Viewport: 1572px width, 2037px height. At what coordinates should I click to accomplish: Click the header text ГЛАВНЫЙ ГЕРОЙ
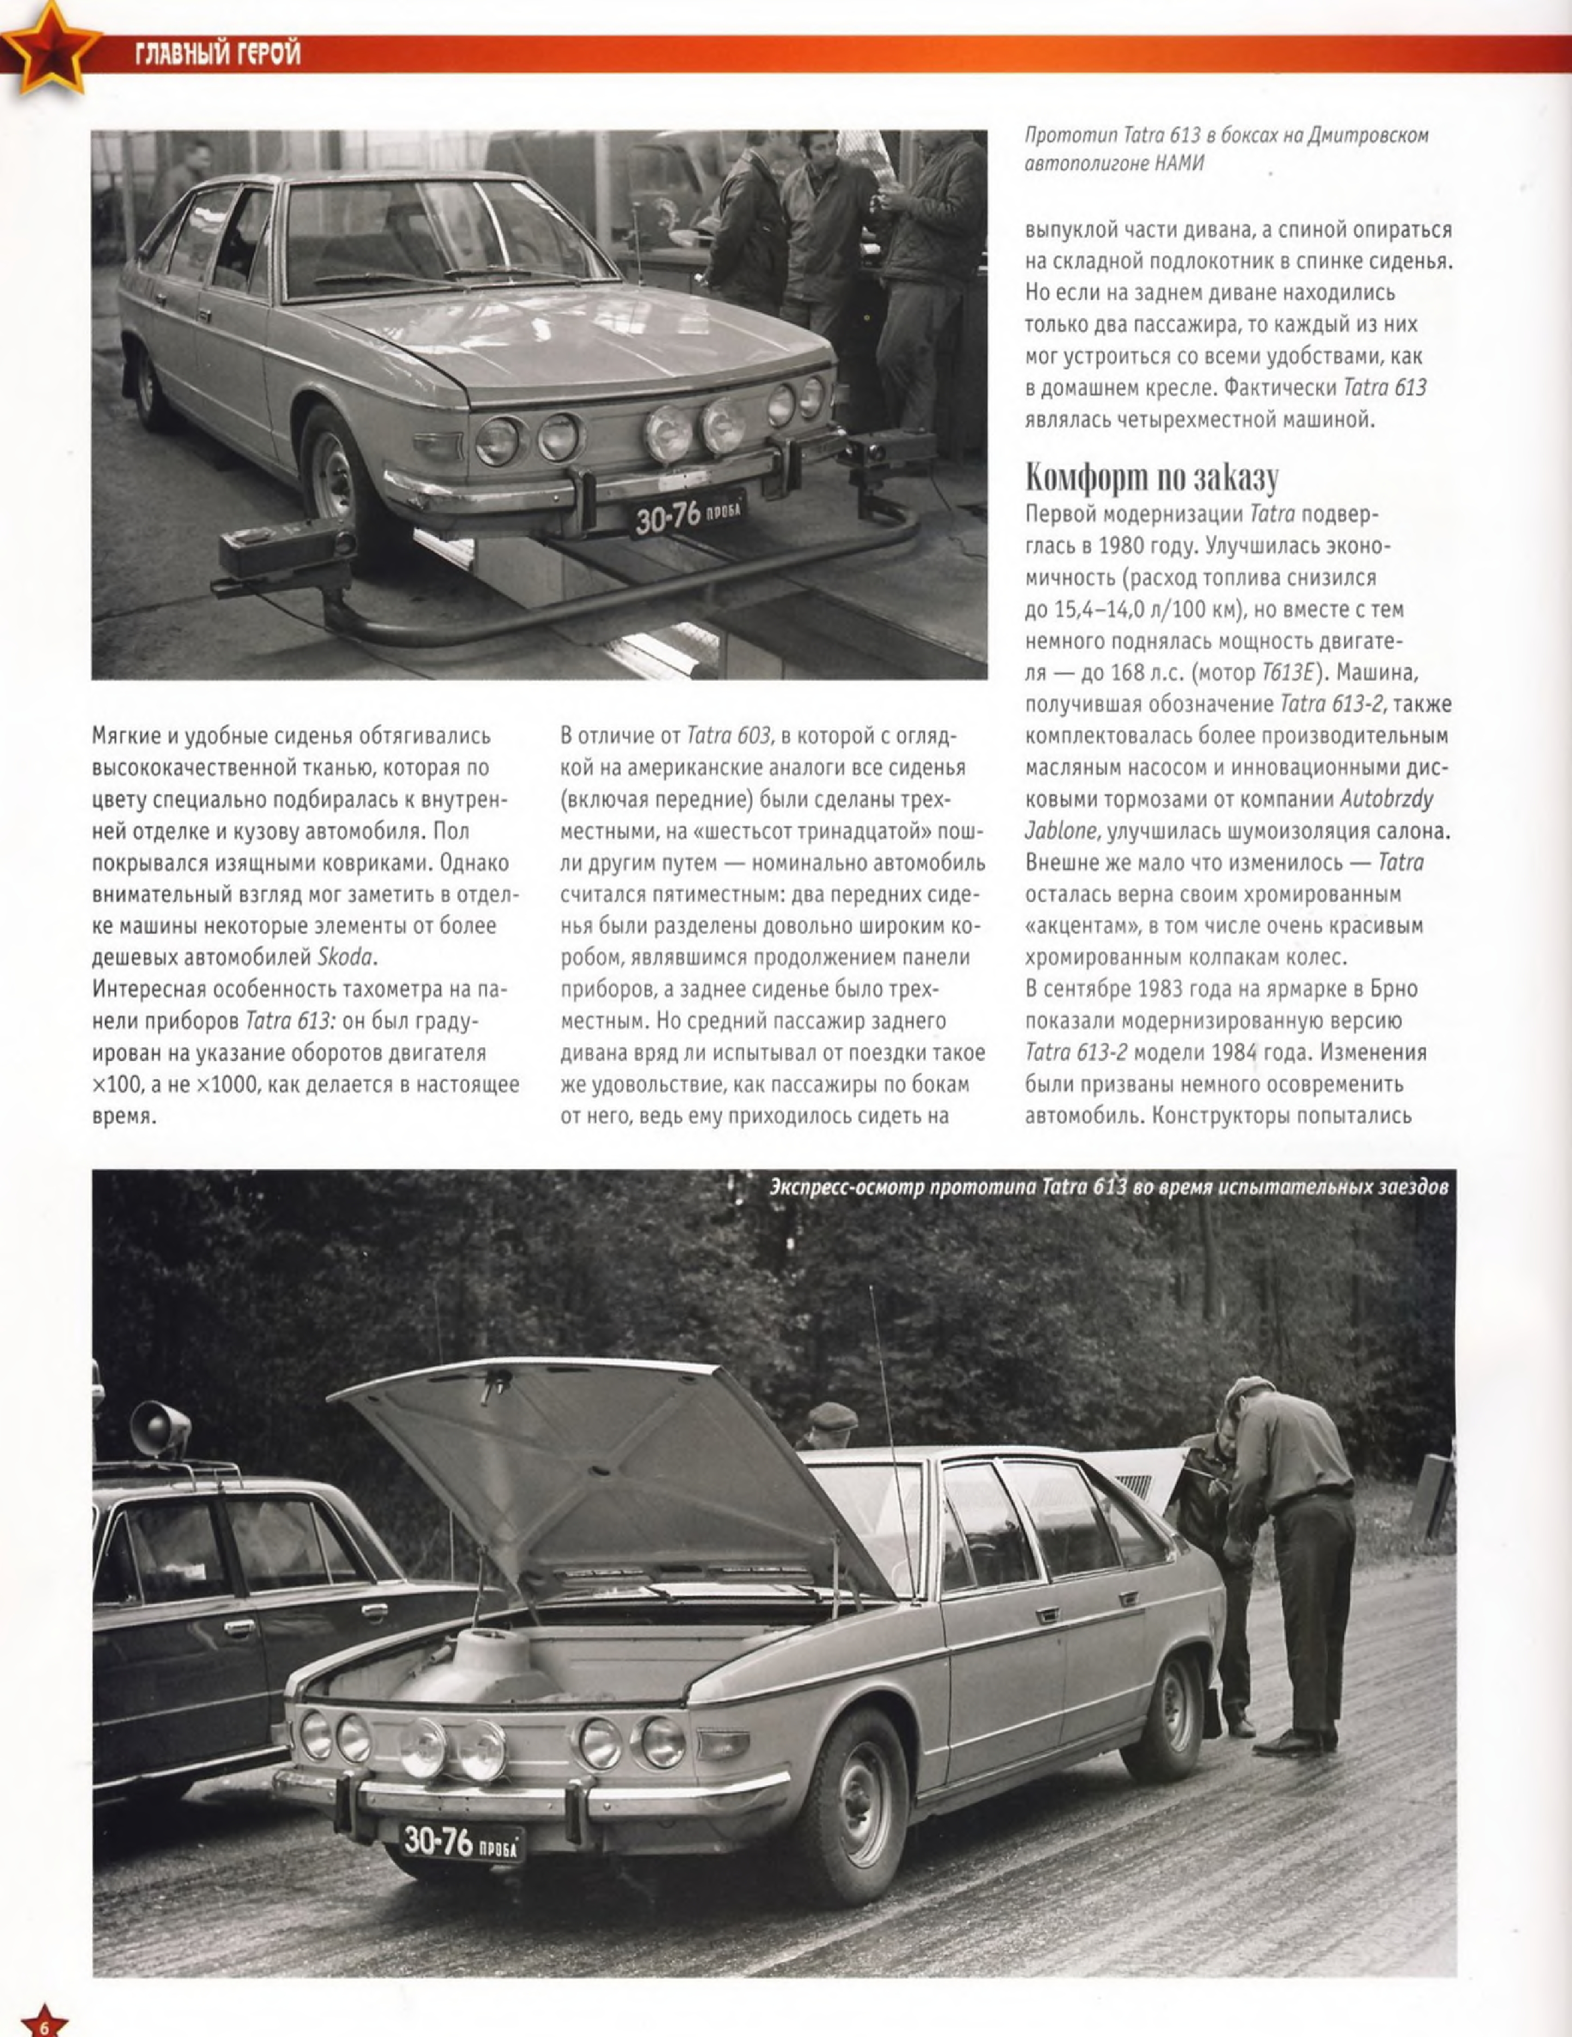(x=218, y=54)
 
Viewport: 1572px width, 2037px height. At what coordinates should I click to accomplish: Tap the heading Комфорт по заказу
(x=1151, y=477)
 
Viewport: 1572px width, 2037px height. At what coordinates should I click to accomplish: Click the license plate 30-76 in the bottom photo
(x=461, y=1841)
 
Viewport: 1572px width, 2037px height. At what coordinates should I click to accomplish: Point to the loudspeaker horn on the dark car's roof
(x=158, y=1427)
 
